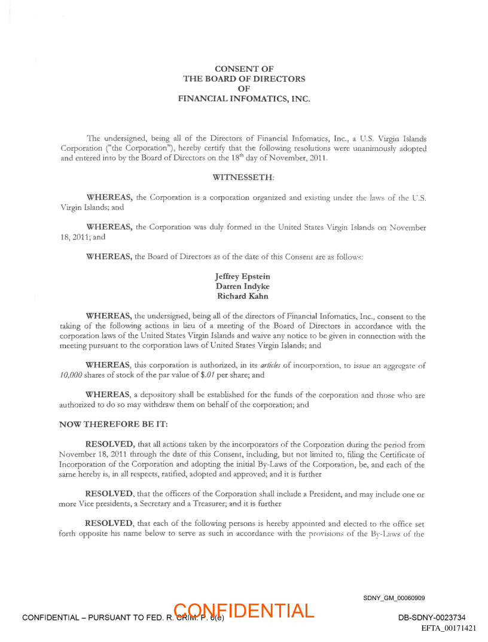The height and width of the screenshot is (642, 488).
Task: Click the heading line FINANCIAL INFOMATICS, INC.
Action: coord(244,99)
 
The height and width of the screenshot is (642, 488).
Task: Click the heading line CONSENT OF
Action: coord(244,69)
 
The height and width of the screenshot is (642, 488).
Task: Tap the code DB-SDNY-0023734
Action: coord(431,617)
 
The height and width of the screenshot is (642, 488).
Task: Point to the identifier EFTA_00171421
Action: coord(449,628)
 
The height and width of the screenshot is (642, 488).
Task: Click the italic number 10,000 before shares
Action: coord(71,375)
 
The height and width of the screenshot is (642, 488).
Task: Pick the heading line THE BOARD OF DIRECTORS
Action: coord(244,79)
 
